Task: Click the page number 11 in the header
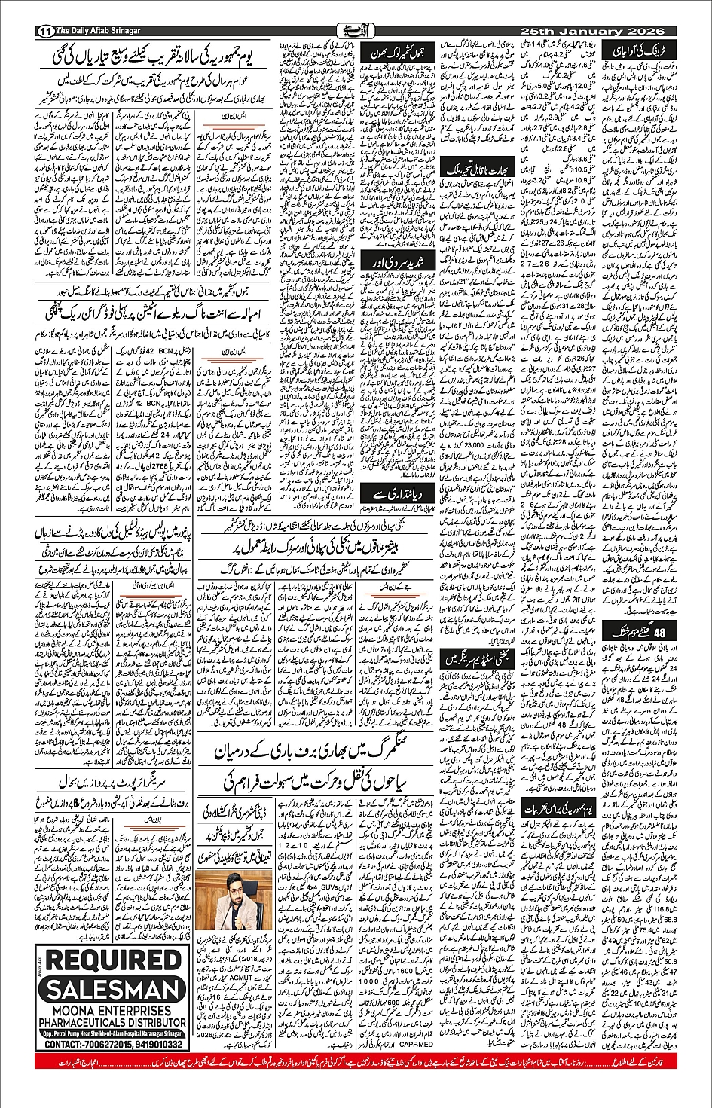pyautogui.click(x=44, y=32)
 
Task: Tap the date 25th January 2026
pyautogui.click(x=591, y=32)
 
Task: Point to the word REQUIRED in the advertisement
pyautogui.click(x=115, y=961)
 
